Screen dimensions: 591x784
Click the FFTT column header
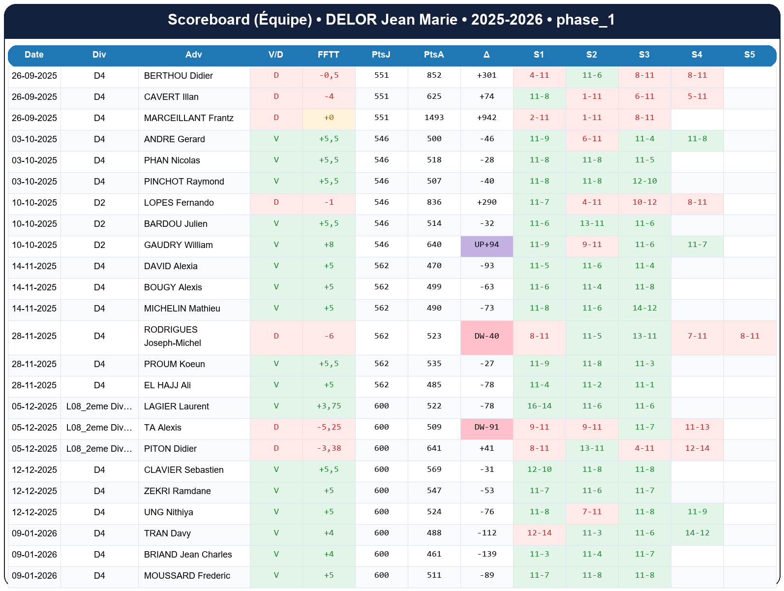pos(328,55)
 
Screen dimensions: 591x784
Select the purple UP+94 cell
pos(486,245)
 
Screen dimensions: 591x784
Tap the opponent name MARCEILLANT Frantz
pos(188,118)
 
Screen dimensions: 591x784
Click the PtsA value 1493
pos(434,118)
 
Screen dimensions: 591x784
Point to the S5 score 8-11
pos(750,337)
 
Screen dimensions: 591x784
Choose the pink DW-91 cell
pos(486,428)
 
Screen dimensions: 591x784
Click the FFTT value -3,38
pos(329,449)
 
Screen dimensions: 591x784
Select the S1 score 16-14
pos(539,406)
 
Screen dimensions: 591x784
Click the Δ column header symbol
pos(486,55)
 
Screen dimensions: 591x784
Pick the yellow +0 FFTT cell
pos(329,118)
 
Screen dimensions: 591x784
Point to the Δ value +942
pos(486,118)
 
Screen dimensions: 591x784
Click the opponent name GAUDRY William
pos(178,245)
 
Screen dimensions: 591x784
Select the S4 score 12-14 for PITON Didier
pos(697,449)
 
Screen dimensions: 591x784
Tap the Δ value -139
pos(486,555)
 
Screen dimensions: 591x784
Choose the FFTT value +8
pos(329,245)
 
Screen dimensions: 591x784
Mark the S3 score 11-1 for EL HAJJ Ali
pos(644,385)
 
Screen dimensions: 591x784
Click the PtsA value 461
pos(434,555)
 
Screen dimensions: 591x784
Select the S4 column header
pos(696,55)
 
